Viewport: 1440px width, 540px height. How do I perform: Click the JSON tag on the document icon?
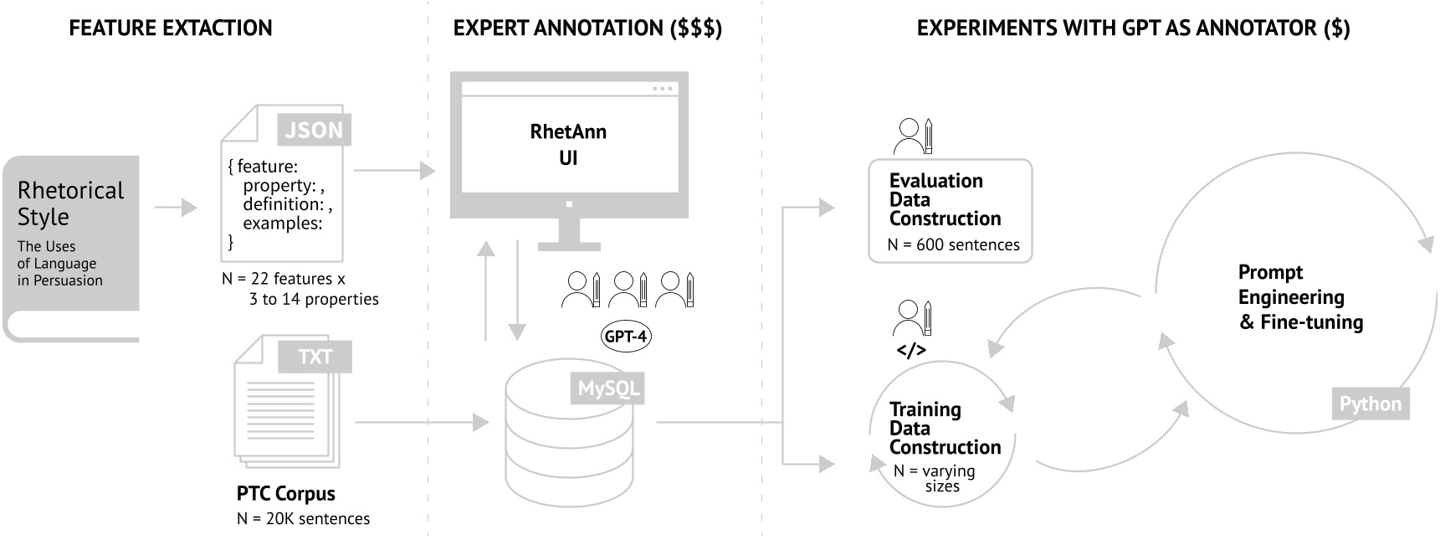pyautogui.click(x=314, y=130)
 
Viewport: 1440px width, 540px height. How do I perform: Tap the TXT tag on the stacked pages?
pyautogui.click(x=315, y=357)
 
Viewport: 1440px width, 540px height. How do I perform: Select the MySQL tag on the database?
pyautogui.click(x=607, y=388)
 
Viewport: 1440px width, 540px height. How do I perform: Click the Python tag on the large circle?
pyautogui.click(x=1370, y=404)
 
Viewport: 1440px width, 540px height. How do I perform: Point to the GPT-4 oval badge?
pyautogui.click(x=625, y=337)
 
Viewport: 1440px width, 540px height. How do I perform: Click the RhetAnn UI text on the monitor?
pyautogui.click(x=568, y=144)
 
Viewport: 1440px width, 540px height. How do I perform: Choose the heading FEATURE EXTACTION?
pyautogui.click(x=171, y=28)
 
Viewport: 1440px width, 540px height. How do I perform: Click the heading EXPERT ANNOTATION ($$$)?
pyautogui.click(x=587, y=28)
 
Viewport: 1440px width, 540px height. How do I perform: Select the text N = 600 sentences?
pyautogui.click(x=953, y=245)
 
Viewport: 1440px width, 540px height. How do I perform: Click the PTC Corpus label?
pyautogui.click(x=285, y=493)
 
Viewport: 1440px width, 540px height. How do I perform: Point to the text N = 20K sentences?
pyautogui.click(x=303, y=519)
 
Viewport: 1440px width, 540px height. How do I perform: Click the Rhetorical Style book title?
pyautogui.click(x=70, y=203)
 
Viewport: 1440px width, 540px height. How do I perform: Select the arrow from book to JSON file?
pyautogui.click(x=176, y=207)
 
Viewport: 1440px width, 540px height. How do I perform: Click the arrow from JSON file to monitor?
pyautogui.click(x=394, y=171)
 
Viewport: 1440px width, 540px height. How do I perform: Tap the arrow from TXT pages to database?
pyautogui.click(x=422, y=423)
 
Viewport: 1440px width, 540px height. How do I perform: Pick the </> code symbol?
pyautogui.click(x=910, y=350)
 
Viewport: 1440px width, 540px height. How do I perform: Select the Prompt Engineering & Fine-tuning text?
pyautogui.click(x=1300, y=297)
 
